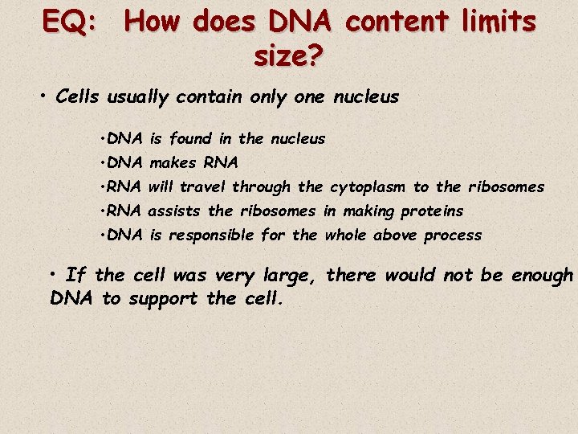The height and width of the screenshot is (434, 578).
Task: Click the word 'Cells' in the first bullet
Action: click(78, 97)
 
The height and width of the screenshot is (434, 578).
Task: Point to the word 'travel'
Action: click(204, 187)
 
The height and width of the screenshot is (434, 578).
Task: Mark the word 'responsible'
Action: click(211, 235)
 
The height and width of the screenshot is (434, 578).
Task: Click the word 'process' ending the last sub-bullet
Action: click(453, 235)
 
